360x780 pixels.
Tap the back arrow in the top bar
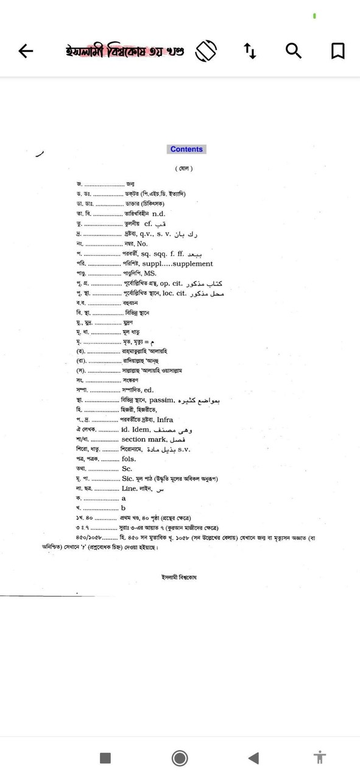click(26, 51)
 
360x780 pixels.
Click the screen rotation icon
click(206, 51)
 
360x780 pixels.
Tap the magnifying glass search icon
click(294, 51)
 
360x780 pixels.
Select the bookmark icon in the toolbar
click(337, 51)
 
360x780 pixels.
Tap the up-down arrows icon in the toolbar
click(250, 51)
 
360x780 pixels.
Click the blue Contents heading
click(186, 149)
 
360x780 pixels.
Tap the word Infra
click(164, 420)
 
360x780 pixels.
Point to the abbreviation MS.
click(150, 274)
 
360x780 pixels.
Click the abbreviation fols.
click(128, 459)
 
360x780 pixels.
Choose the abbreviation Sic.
click(127, 478)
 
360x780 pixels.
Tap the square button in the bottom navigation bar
click(105, 757)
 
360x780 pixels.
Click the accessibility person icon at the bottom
click(320, 757)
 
